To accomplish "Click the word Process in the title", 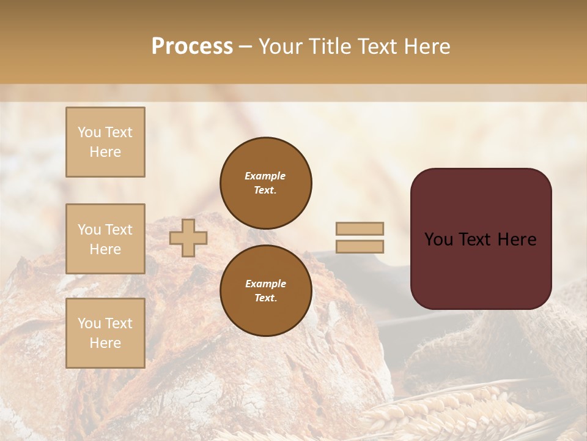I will click(192, 47).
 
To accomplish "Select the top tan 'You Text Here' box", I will click(105, 142).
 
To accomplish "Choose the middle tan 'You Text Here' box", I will click(105, 239).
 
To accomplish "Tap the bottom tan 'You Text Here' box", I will click(105, 333).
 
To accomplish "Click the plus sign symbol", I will click(188, 238).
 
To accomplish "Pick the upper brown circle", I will click(265, 183).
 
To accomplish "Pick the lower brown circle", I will click(265, 291).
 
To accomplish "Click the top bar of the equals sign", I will click(360, 228).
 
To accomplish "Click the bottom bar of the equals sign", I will click(360, 246).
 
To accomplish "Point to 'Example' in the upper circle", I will click(265, 176).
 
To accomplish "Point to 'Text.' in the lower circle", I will click(265, 298).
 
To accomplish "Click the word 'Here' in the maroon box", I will click(517, 239).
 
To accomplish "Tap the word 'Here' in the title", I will click(426, 47).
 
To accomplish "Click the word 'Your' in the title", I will click(281, 47).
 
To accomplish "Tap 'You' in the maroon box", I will click(438, 239).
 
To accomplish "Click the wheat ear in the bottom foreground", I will click(440, 410).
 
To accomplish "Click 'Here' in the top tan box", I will click(105, 152).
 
